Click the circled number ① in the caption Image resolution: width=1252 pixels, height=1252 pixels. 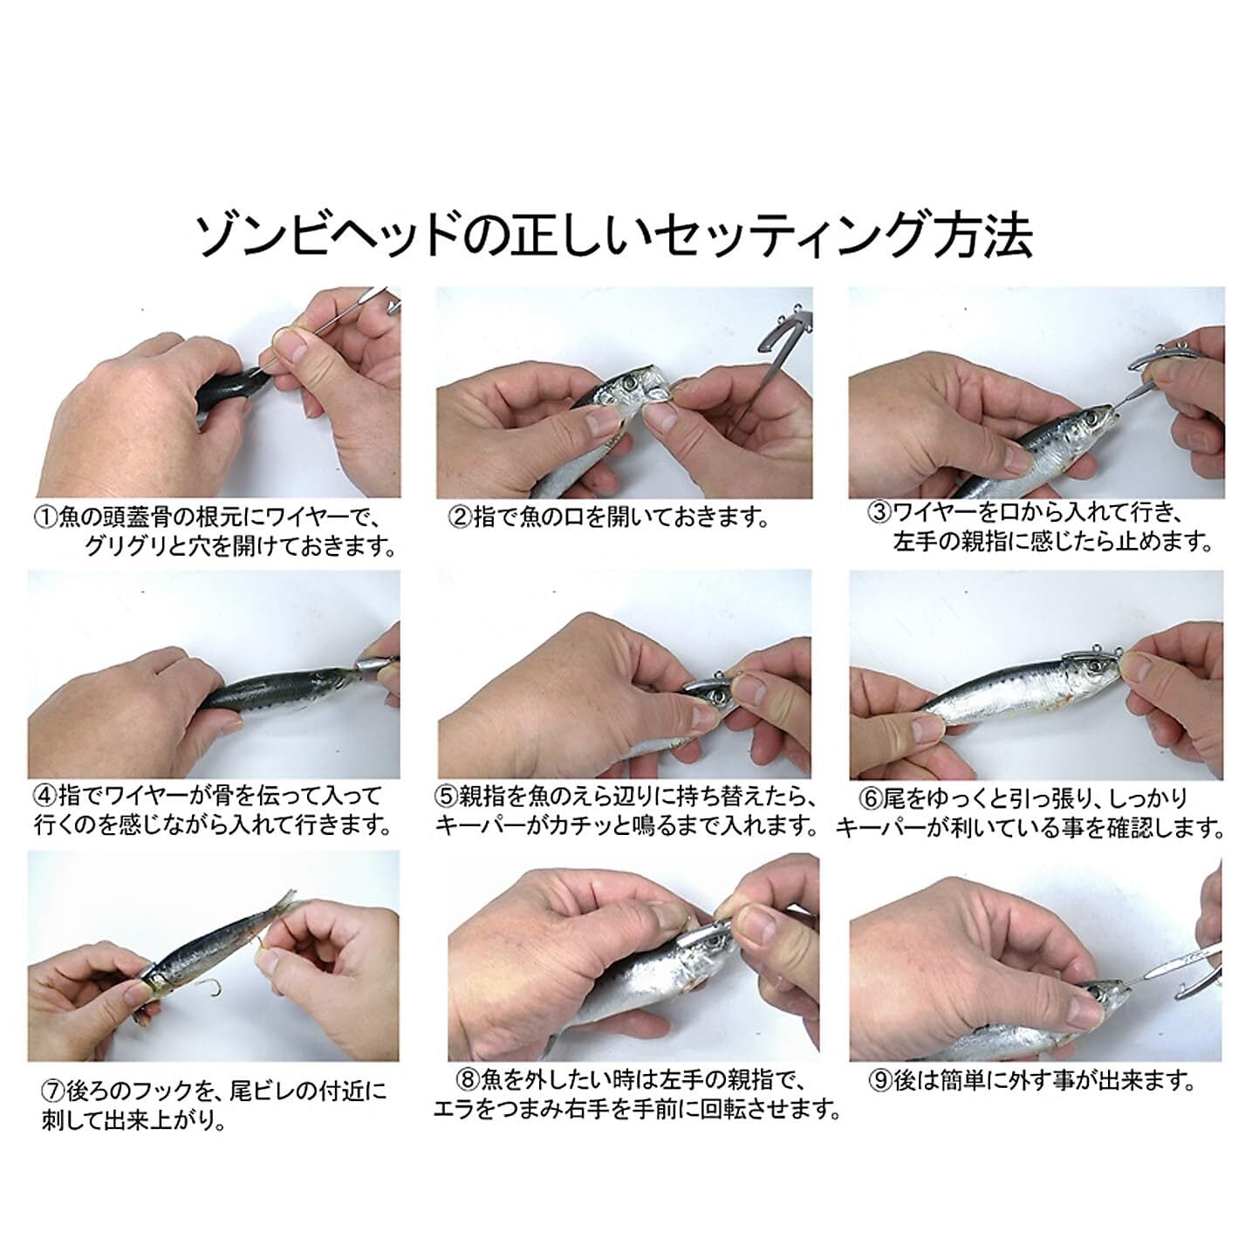[45, 518]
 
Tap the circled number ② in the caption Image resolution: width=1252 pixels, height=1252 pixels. [461, 518]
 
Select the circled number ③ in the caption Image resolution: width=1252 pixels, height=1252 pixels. [880, 513]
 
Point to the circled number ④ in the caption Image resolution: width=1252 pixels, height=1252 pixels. [46, 796]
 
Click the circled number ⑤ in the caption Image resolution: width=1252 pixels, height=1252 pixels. [447, 797]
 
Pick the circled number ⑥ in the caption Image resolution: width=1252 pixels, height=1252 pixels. [871, 798]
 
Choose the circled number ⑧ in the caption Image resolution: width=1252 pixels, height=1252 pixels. [469, 1080]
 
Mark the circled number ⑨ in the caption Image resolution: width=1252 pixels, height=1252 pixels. [880, 1080]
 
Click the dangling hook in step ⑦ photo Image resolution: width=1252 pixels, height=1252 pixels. [209, 987]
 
